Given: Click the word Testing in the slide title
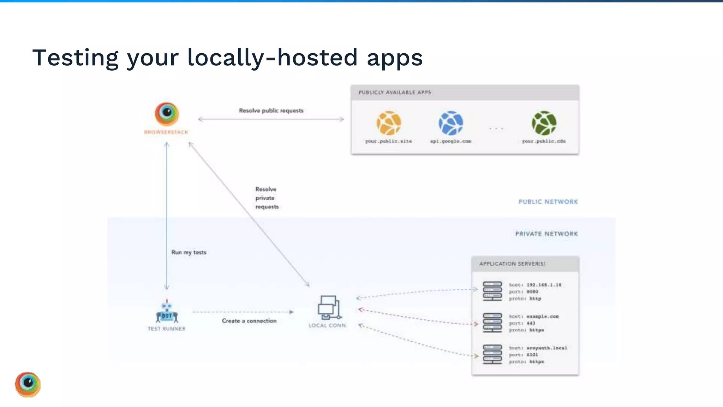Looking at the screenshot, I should click(x=75, y=58).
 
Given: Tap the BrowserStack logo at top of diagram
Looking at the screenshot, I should click(x=167, y=114).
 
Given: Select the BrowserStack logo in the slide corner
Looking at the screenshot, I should click(x=28, y=384).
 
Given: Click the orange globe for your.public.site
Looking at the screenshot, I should click(x=388, y=123).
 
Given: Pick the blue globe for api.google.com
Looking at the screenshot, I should click(x=451, y=123).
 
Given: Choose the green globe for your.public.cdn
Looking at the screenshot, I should click(x=544, y=123).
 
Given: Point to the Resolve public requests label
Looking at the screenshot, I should click(x=271, y=111).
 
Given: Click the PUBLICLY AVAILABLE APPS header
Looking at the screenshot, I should click(x=395, y=93).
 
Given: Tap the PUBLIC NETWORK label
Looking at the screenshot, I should click(x=548, y=202).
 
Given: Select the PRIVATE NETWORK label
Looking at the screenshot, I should click(x=546, y=234).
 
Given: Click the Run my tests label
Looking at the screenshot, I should click(x=189, y=252).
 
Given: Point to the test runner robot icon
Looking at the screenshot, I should click(x=167, y=311).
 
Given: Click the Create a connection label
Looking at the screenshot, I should click(x=249, y=321).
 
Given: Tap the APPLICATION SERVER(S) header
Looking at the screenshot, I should click(x=512, y=264).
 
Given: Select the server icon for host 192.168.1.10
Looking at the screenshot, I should click(x=492, y=291).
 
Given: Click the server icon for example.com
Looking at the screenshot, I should click(x=492, y=323).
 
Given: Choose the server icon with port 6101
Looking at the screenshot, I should click(x=492, y=354).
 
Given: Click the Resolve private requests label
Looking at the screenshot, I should click(x=267, y=198).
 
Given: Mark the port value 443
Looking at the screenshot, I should click(x=531, y=323).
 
